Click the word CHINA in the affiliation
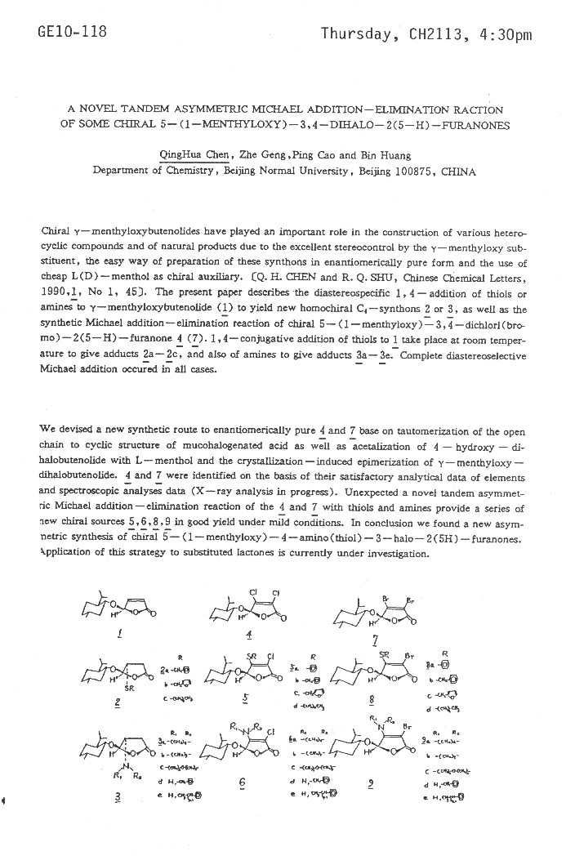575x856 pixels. tap(458, 172)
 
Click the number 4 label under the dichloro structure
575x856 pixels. tap(248, 635)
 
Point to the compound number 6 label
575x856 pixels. tap(243, 782)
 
